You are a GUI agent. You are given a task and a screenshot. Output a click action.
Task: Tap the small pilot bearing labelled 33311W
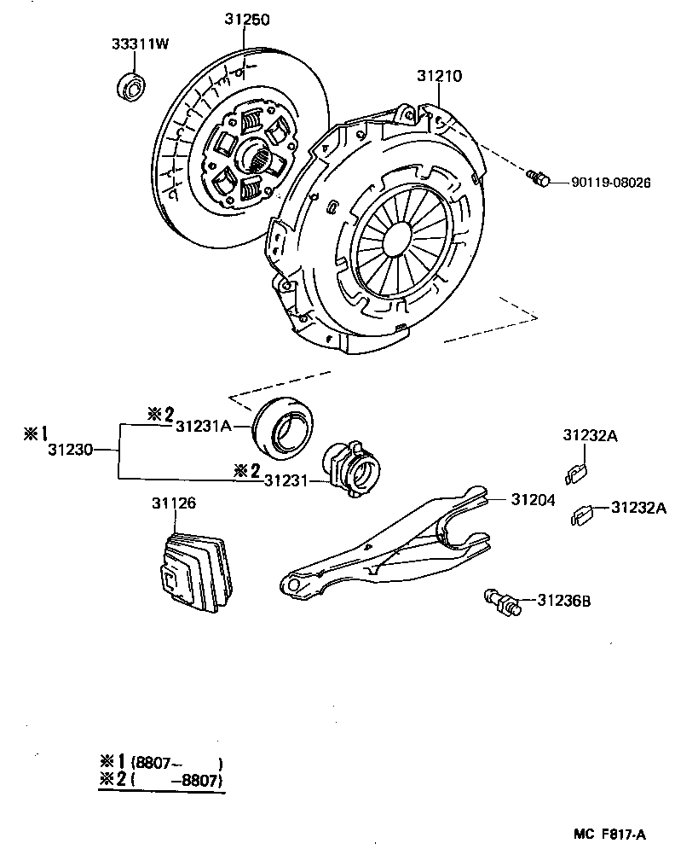(130, 86)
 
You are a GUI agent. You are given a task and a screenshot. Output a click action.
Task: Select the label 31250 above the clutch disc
(248, 19)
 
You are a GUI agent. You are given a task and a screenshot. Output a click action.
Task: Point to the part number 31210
(439, 76)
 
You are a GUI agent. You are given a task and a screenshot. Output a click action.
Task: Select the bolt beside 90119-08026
(537, 177)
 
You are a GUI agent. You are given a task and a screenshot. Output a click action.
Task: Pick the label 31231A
(203, 428)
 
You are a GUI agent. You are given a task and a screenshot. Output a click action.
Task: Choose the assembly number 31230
(70, 448)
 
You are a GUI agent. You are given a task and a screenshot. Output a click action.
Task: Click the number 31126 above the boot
(174, 504)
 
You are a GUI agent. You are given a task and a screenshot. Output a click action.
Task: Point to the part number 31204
(534, 499)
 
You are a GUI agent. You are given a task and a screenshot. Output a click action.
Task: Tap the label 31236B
(563, 602)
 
